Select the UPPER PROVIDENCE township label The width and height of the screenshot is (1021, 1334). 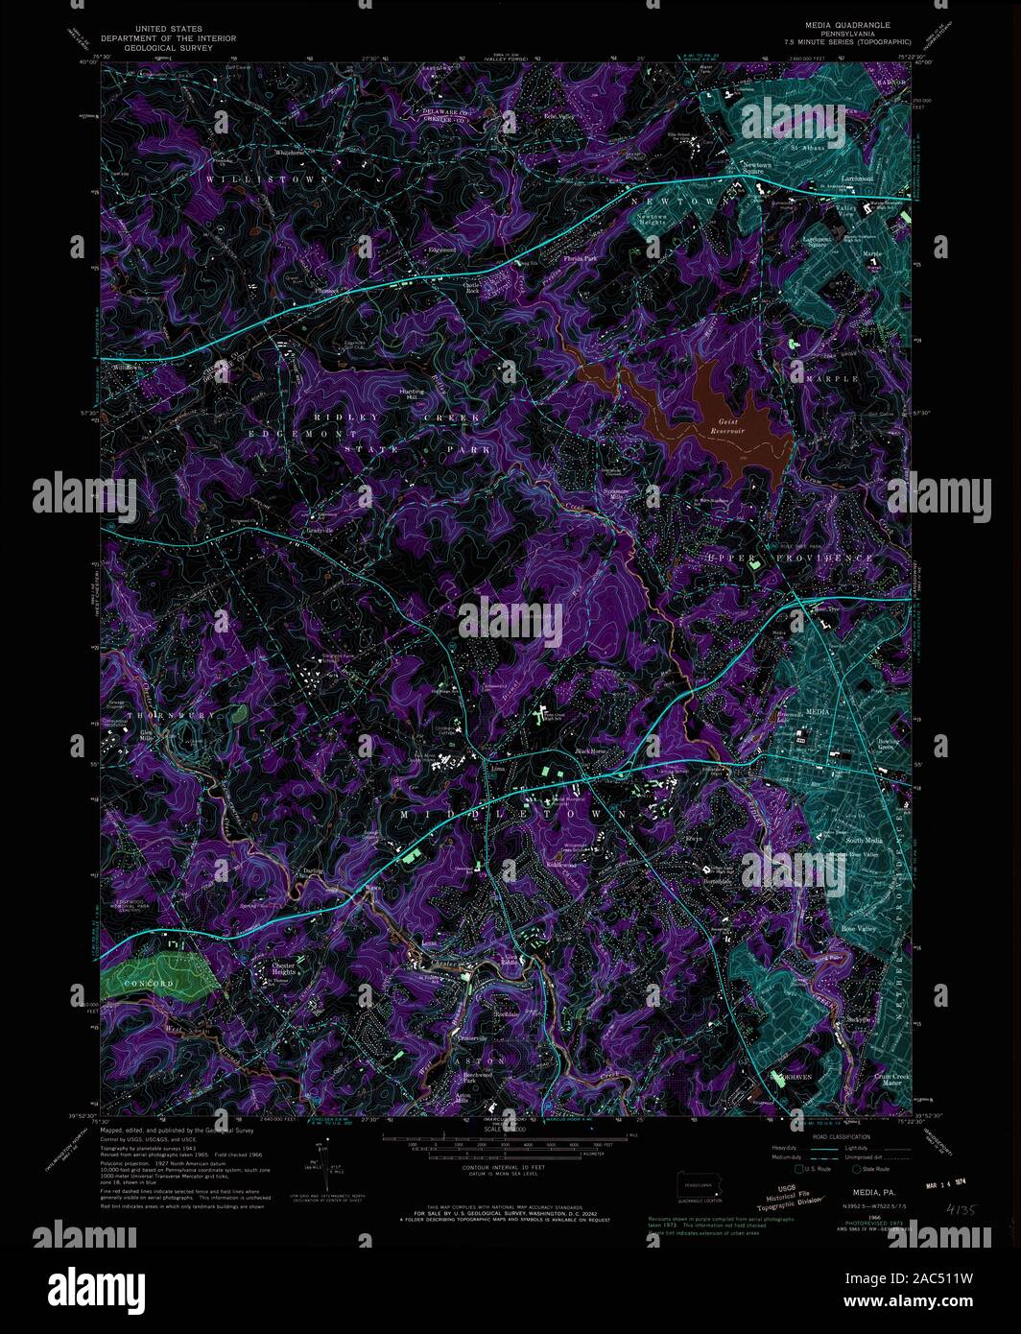791,558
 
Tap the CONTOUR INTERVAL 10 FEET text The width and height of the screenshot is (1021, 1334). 502,1168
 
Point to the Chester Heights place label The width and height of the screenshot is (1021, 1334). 283,969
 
